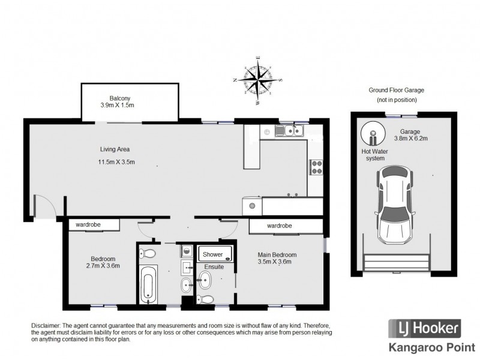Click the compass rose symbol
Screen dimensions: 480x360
coord(259,80)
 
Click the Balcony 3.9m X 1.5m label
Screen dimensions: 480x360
coord(117,102)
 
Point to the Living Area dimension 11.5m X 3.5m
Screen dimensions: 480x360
coord(116,162)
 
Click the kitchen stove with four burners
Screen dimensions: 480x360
coord(316,167)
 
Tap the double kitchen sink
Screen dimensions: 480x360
coord(289,131)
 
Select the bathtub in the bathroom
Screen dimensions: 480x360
coord(148,284)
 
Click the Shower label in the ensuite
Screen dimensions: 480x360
coord(212,254)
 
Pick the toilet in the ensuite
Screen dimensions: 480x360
coord(205,299)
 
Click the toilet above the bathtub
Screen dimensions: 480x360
coord(147,253)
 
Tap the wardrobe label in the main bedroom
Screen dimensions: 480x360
coord(279,226)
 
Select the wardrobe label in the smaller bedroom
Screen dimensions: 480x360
coord(88,224)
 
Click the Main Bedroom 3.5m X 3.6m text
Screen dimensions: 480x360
coord(277,258)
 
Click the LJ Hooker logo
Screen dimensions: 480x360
coord(424,328)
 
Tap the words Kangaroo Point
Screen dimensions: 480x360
coord(431,348)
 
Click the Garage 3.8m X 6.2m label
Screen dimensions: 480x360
coord(410,134)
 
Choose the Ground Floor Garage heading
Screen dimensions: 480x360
coord(396,90)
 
